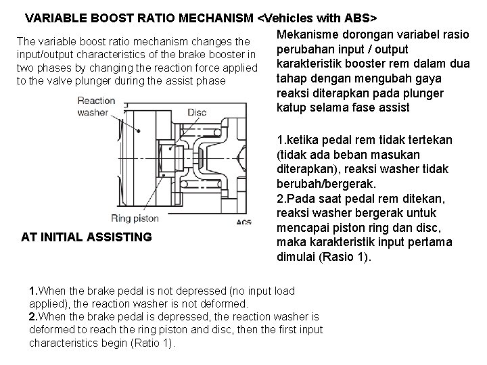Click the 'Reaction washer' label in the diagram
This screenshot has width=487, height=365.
[x=96, y=107]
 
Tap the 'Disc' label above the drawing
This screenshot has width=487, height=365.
[x=197, y=112]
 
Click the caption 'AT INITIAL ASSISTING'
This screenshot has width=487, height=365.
[x=87, y=237]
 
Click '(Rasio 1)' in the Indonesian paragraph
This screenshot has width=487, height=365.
[x=350, y=257]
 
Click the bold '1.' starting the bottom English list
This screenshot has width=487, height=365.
[x=34, y=291]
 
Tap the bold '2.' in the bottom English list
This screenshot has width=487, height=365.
[x=34, y=317]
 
